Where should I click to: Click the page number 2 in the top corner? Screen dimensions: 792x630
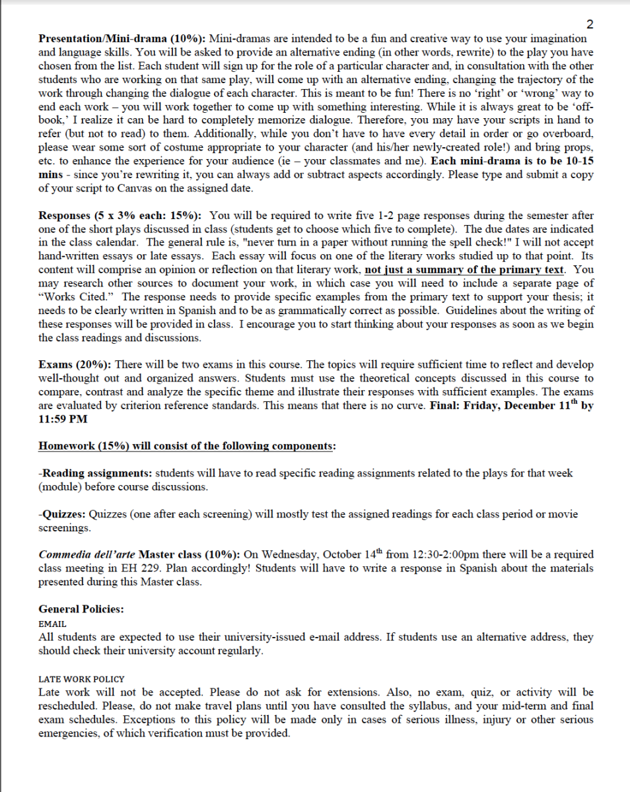pos(590,25)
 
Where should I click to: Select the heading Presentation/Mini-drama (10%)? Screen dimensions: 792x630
pos(122,39)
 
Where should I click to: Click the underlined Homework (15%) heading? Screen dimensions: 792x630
pos(187,445)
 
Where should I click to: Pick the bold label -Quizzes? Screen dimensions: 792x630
pos(63,514)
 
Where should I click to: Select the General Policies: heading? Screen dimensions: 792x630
pos(81,609)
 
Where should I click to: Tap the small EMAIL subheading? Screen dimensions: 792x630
pos(52,623)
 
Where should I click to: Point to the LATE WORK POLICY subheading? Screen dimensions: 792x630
pos(81,678)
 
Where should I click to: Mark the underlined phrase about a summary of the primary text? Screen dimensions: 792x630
pos(464,270)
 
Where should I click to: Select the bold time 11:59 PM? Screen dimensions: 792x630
pos(63,418)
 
